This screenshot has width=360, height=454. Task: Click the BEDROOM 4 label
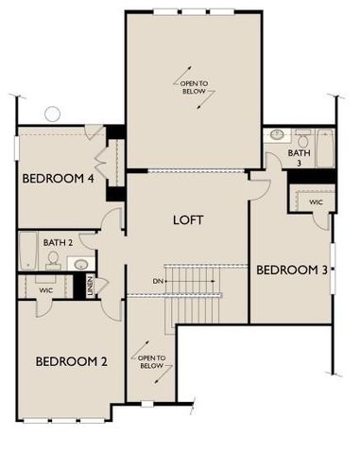tap(57, 177)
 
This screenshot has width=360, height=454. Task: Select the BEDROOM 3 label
tap(292, 271)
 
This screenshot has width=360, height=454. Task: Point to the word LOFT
tap(188, 220)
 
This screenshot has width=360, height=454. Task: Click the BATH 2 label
tap(58, 243)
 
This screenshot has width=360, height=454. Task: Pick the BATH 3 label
tap(300, 157)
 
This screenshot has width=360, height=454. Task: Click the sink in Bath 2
tap(81, 264)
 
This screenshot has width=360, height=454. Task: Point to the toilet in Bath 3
tap(302, 136)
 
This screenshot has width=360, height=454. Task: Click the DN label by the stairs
tap(158, 282)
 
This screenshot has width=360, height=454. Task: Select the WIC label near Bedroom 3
tap(315, 202)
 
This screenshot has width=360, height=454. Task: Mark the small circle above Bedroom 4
tap(52, 114)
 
